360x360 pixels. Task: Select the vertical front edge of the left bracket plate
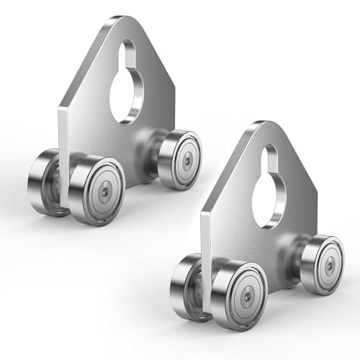pyautogui.click(x=64, y=158)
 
